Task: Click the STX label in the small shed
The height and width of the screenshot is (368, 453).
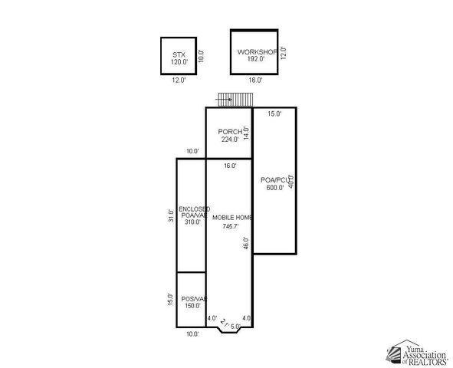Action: [179, 54]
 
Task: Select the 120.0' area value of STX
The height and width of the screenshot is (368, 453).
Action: [179, 61]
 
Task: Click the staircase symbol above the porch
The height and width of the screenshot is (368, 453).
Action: [235, 99]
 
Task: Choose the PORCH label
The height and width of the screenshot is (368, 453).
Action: [229, 131]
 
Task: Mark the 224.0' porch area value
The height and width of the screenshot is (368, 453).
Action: [229, 140]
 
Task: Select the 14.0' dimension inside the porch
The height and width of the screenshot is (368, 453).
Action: [247, 133]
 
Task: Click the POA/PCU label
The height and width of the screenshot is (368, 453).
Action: [273, 179]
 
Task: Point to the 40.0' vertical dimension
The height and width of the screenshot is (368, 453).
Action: [291, 182]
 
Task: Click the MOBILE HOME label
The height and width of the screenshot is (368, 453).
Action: [232, 218]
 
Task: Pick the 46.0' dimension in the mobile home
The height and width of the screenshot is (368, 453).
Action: [246, 243]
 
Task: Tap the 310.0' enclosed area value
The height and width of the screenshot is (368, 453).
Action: [191, 222]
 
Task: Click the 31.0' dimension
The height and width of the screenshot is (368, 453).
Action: [171, 215]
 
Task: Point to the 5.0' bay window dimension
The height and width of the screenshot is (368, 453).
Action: [236, 327]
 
